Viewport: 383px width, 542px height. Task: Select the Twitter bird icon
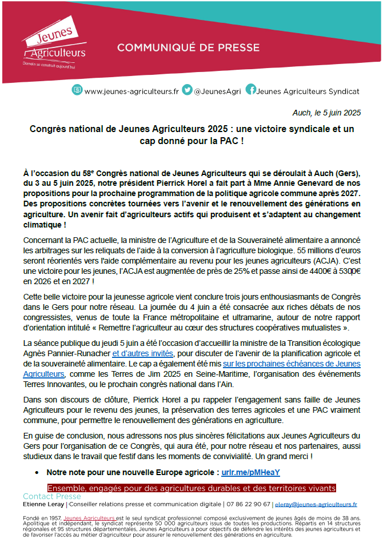click(x=187, y=90)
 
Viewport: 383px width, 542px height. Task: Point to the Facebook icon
click(x=250, y=90)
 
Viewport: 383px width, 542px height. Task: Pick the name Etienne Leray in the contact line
click(x=43, y=505)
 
